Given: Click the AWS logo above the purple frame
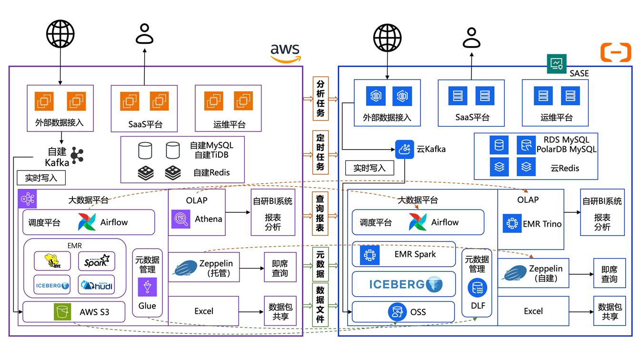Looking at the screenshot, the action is click(x=286, y=53).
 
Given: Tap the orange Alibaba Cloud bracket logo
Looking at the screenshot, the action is click(x=616, y=52).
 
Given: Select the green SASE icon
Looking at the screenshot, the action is click(x=556, y=63).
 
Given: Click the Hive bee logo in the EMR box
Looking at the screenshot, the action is click(x=52, y=260).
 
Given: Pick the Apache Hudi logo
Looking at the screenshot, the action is click(x=97, y=285).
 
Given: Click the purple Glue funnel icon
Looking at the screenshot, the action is click(x=147, y=287).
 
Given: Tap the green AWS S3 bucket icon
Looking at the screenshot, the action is click(x=62, y=311).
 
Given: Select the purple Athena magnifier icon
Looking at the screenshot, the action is click(x=180, y=219).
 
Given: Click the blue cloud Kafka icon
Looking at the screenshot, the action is click(x=404, y=149).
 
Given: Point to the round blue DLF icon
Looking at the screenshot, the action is click(x=477, y=288).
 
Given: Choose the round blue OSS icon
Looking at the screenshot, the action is click(x=397, y=311).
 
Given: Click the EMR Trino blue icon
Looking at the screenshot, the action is click(x=512, y=223).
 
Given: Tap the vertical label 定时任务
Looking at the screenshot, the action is click(x=320, y=152).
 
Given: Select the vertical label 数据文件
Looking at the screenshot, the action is click(x=320, y=304).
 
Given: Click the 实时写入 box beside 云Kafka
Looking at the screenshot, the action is click(x=370, y=168).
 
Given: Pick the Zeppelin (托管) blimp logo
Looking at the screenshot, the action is click(x=185, y=268).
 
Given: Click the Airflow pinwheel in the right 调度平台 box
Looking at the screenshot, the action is click(x=418, y=222).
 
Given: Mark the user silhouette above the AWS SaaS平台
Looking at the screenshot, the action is click(x=144, y=34).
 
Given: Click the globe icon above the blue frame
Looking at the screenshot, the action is click(x=387, y=38).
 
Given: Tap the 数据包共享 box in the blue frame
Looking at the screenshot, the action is click(x=610, y=311).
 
